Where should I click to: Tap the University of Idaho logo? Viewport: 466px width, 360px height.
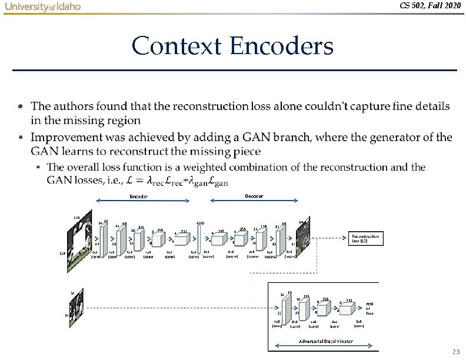(42, 6)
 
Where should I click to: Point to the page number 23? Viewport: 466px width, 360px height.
(455, 351)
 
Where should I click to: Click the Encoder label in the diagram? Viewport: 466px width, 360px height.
(138, 196)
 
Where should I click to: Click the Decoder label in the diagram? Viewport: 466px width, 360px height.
(254, 195)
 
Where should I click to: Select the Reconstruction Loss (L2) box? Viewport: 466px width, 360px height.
(366, 238)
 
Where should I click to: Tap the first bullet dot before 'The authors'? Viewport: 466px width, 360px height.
(21, 107)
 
